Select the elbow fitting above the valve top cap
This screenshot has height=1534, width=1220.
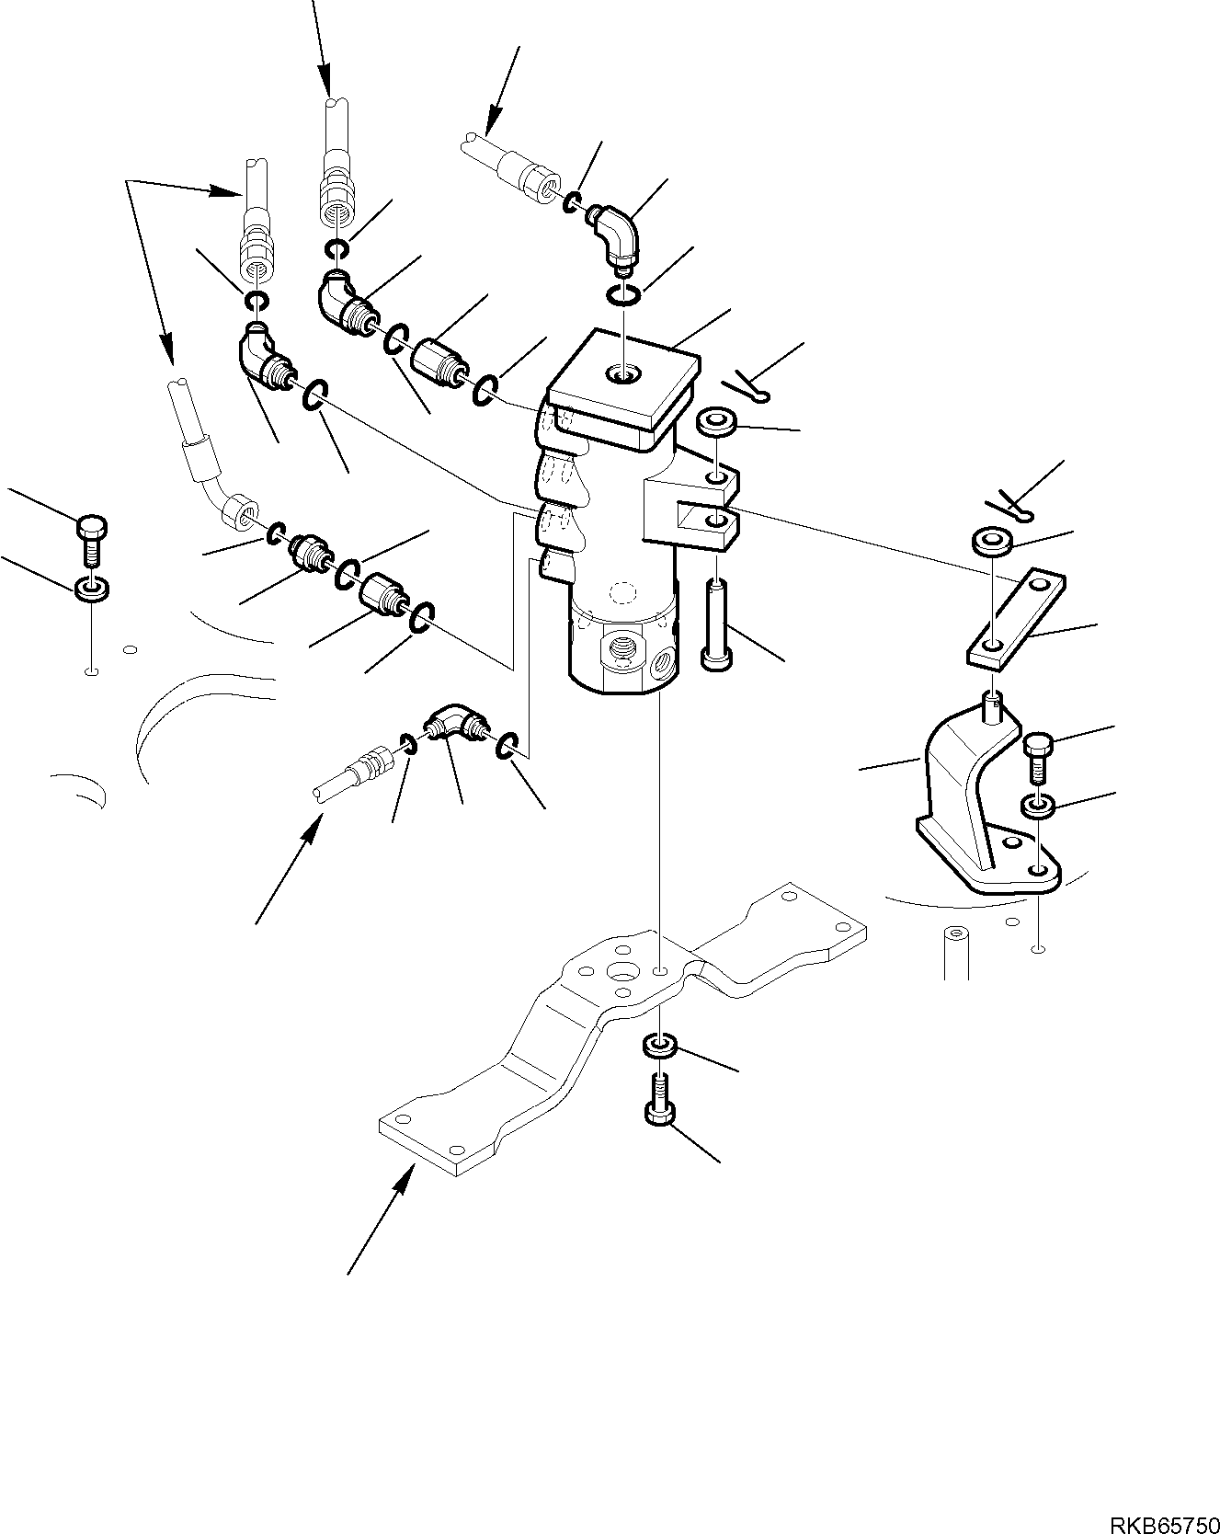(x=612, y=236)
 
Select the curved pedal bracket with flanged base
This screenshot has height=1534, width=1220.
(x=975, y=800)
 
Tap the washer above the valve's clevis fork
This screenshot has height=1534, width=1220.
(x=717, y=423)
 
